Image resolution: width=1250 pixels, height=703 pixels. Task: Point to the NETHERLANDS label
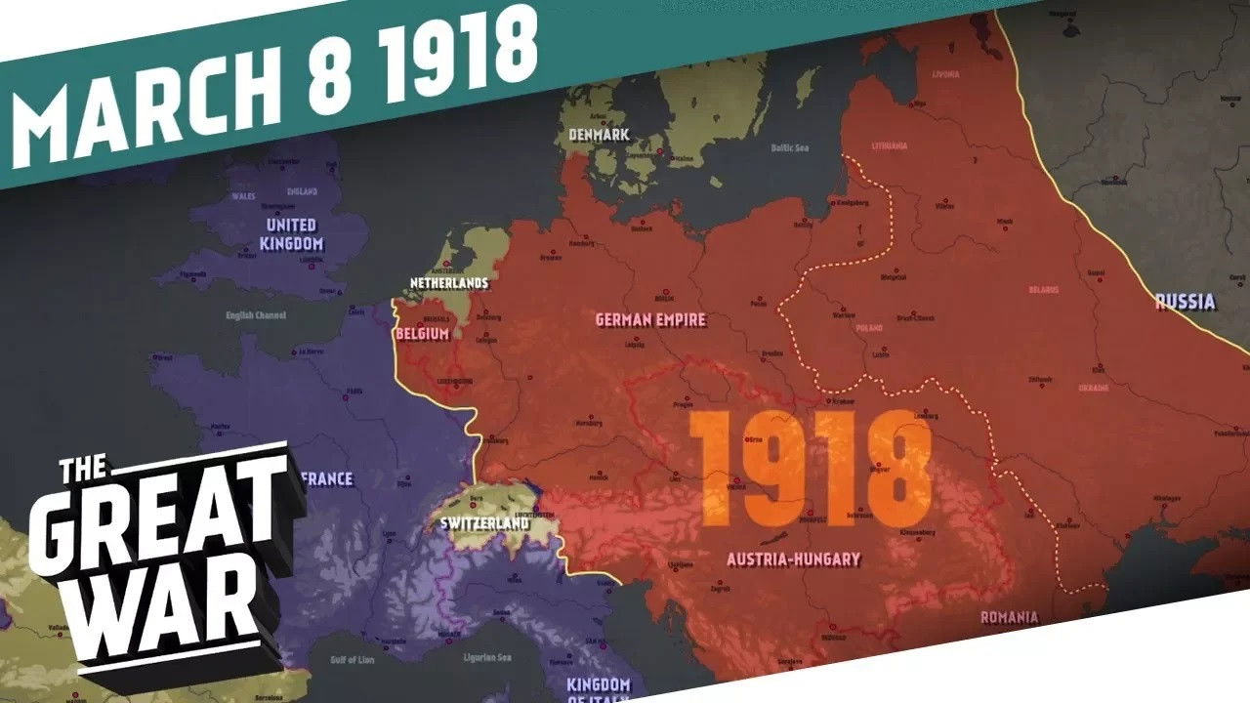(448, 282)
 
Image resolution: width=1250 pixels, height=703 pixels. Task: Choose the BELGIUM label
(422, 334)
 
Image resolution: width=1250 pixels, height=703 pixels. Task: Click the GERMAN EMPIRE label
(650, 319)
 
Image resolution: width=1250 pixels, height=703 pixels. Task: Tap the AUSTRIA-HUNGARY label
(794, 559)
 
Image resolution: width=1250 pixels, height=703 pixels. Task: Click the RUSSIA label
(1185, 302)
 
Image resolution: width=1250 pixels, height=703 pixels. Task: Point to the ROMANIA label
(1009, 617)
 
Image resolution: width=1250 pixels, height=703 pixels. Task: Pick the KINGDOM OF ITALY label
(599, 688)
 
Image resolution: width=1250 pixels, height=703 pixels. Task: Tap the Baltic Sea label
(790, 148)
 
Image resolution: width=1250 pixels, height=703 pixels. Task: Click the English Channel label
(254, 316)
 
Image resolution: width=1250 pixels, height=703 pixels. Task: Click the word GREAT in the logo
(156, 517)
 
